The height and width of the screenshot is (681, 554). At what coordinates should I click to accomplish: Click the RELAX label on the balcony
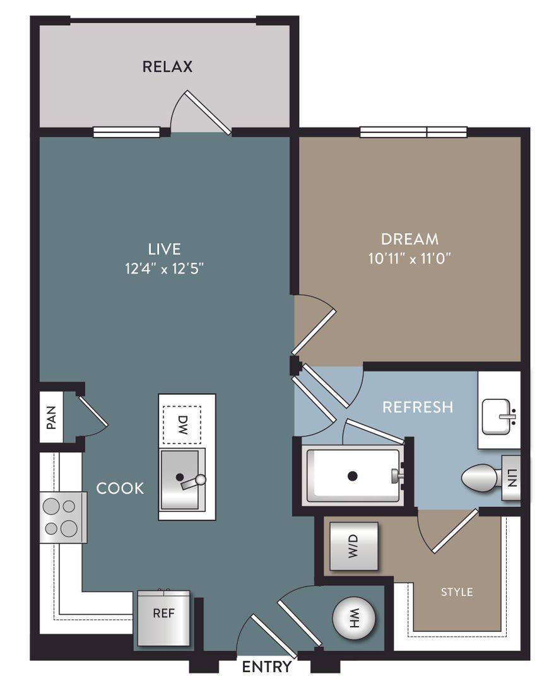tap(167, 66)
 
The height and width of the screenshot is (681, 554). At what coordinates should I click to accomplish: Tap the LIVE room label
tap(164, 249)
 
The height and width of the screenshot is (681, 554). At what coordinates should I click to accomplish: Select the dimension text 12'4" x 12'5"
tap(165, 269)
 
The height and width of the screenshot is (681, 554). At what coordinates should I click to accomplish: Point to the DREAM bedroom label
tap(410, 239)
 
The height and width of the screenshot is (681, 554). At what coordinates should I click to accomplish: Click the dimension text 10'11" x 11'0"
tap(410, 259)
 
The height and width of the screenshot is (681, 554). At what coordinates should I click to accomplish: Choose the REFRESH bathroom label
tap(418, 407)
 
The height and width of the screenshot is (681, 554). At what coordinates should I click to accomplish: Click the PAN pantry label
tap(51, 417)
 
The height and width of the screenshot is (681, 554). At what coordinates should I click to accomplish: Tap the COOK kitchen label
tap(120, 488)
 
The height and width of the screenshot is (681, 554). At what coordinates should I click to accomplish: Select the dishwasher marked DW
tap(182, 425)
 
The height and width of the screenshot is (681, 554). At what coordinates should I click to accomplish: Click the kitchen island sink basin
tap(180, 479)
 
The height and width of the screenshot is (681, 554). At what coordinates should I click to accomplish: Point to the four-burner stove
tap(63, 517)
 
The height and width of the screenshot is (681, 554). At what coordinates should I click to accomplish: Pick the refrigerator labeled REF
tap(164, 617)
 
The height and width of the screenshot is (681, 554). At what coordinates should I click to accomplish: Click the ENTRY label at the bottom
tap(266, 666)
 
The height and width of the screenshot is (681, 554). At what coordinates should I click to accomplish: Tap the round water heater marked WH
tap(353, 617)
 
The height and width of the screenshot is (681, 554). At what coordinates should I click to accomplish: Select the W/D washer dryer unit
tap(354, 546)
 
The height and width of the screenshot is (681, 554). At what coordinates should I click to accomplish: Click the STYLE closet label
tap(457, 592)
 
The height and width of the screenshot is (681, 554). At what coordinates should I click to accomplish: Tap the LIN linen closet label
tap(512, 478)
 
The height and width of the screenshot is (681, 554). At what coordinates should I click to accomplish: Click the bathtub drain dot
tap(353, 476)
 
